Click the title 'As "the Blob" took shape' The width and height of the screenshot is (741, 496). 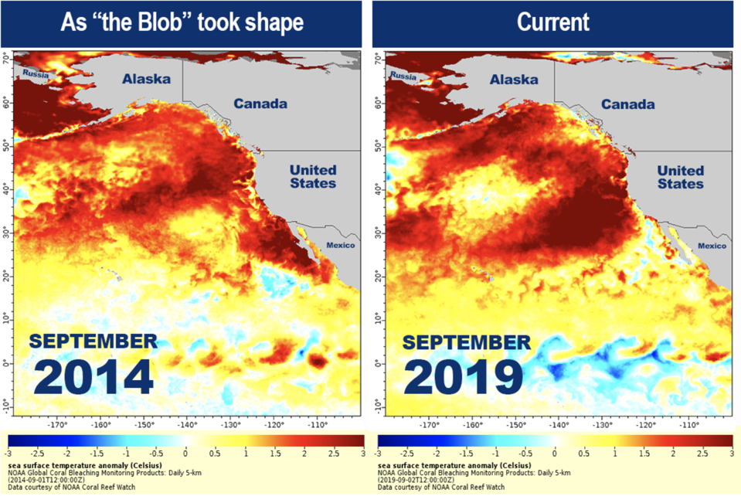pyautogui.click(x=183, y=22)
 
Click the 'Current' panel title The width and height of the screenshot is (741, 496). pyautogui.click(x=553, y=22)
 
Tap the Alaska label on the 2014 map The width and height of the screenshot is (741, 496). pyautogui.click(x=146, y=80)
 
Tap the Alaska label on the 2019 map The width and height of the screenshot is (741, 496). pyautogui.click(x=514, y=80)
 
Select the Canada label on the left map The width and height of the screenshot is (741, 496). pyautogui.click(x=260, y=104)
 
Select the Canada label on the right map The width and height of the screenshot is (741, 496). pyautogui.click(x=628, y=104)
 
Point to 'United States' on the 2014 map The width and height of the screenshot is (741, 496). pyautogui.click(x=312, y=176)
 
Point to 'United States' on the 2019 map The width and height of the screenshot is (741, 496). pyautogui.click(x=680, y=176)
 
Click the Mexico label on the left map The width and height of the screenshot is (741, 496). pyautogui.click(x=338, y=245)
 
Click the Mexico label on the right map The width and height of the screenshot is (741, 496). pyautogui.click(x=712, y=245)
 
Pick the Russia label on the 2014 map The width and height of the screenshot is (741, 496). pyautogui.click(x=36, y=74)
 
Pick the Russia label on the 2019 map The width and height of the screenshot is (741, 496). pyautogui.click(x=403, y=76)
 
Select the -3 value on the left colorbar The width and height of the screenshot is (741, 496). pyautogui.click(x=8, y=451)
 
